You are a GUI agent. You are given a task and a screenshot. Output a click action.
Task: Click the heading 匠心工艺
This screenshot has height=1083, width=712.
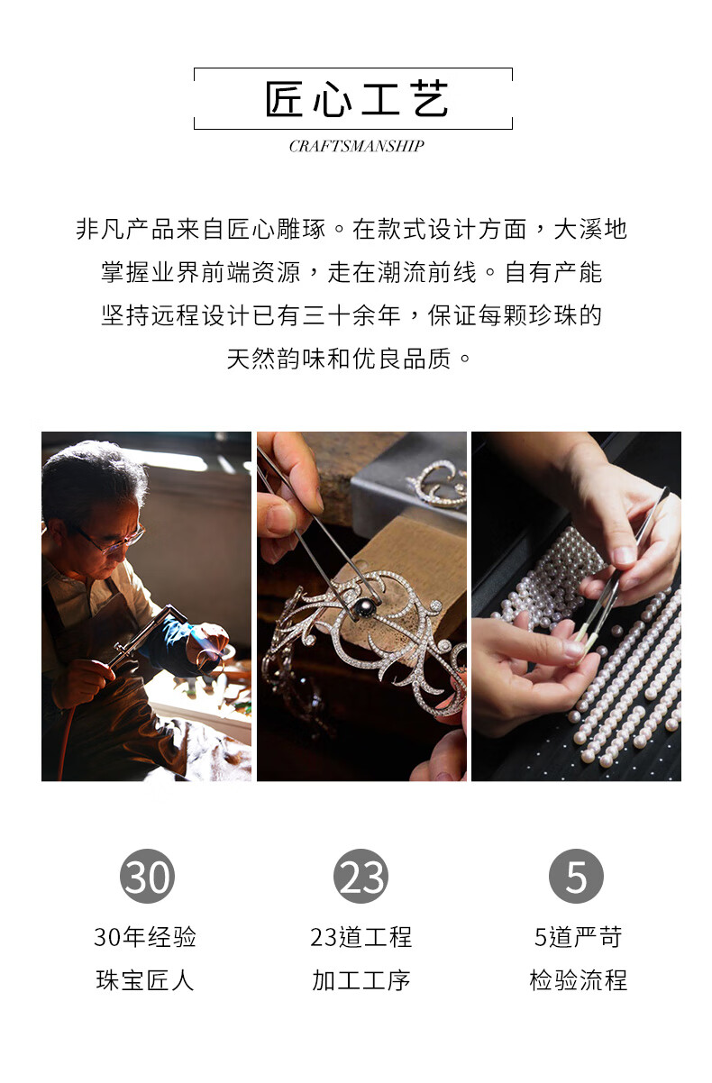tap(357, 99)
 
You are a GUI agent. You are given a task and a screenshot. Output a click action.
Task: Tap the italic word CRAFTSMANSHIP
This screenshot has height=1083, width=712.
tap(357, 146)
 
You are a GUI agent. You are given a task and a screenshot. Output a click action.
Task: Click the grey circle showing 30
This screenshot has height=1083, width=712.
tap(147, 876)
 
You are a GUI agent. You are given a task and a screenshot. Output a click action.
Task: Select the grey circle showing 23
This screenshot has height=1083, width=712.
tap(361, 876)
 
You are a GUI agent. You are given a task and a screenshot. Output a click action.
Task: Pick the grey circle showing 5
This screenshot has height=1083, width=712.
tap(576, 876)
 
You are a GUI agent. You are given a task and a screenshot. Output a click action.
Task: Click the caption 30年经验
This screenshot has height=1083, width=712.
tap(145, 937)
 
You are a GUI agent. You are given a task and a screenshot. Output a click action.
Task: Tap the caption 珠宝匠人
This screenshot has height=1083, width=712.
tap(145, 980)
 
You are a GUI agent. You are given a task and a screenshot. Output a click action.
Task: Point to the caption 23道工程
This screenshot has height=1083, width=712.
tap(361, 937)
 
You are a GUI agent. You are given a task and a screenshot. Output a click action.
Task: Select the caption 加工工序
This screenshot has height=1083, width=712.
tap(361, 980)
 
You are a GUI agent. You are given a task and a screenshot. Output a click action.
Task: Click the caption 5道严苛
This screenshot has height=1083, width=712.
tap(578, 937)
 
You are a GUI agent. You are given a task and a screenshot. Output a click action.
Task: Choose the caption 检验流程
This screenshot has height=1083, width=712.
tap(578, 980)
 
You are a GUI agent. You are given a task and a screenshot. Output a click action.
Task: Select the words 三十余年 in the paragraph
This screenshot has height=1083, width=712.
tap(352, 315)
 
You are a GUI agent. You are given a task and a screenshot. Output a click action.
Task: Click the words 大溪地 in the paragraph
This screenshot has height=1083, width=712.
tap(590, 229)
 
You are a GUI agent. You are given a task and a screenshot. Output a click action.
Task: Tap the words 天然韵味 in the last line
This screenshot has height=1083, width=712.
tap(277, 359)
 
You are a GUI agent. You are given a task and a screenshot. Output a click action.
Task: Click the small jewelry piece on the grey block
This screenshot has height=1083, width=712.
tap(438, 485)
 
